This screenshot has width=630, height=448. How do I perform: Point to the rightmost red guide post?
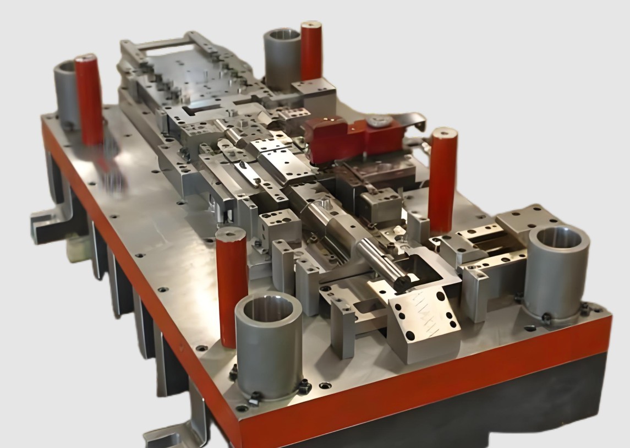click(x=442, y=179)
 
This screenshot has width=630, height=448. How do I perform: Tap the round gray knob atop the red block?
click(x=380, y=120)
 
